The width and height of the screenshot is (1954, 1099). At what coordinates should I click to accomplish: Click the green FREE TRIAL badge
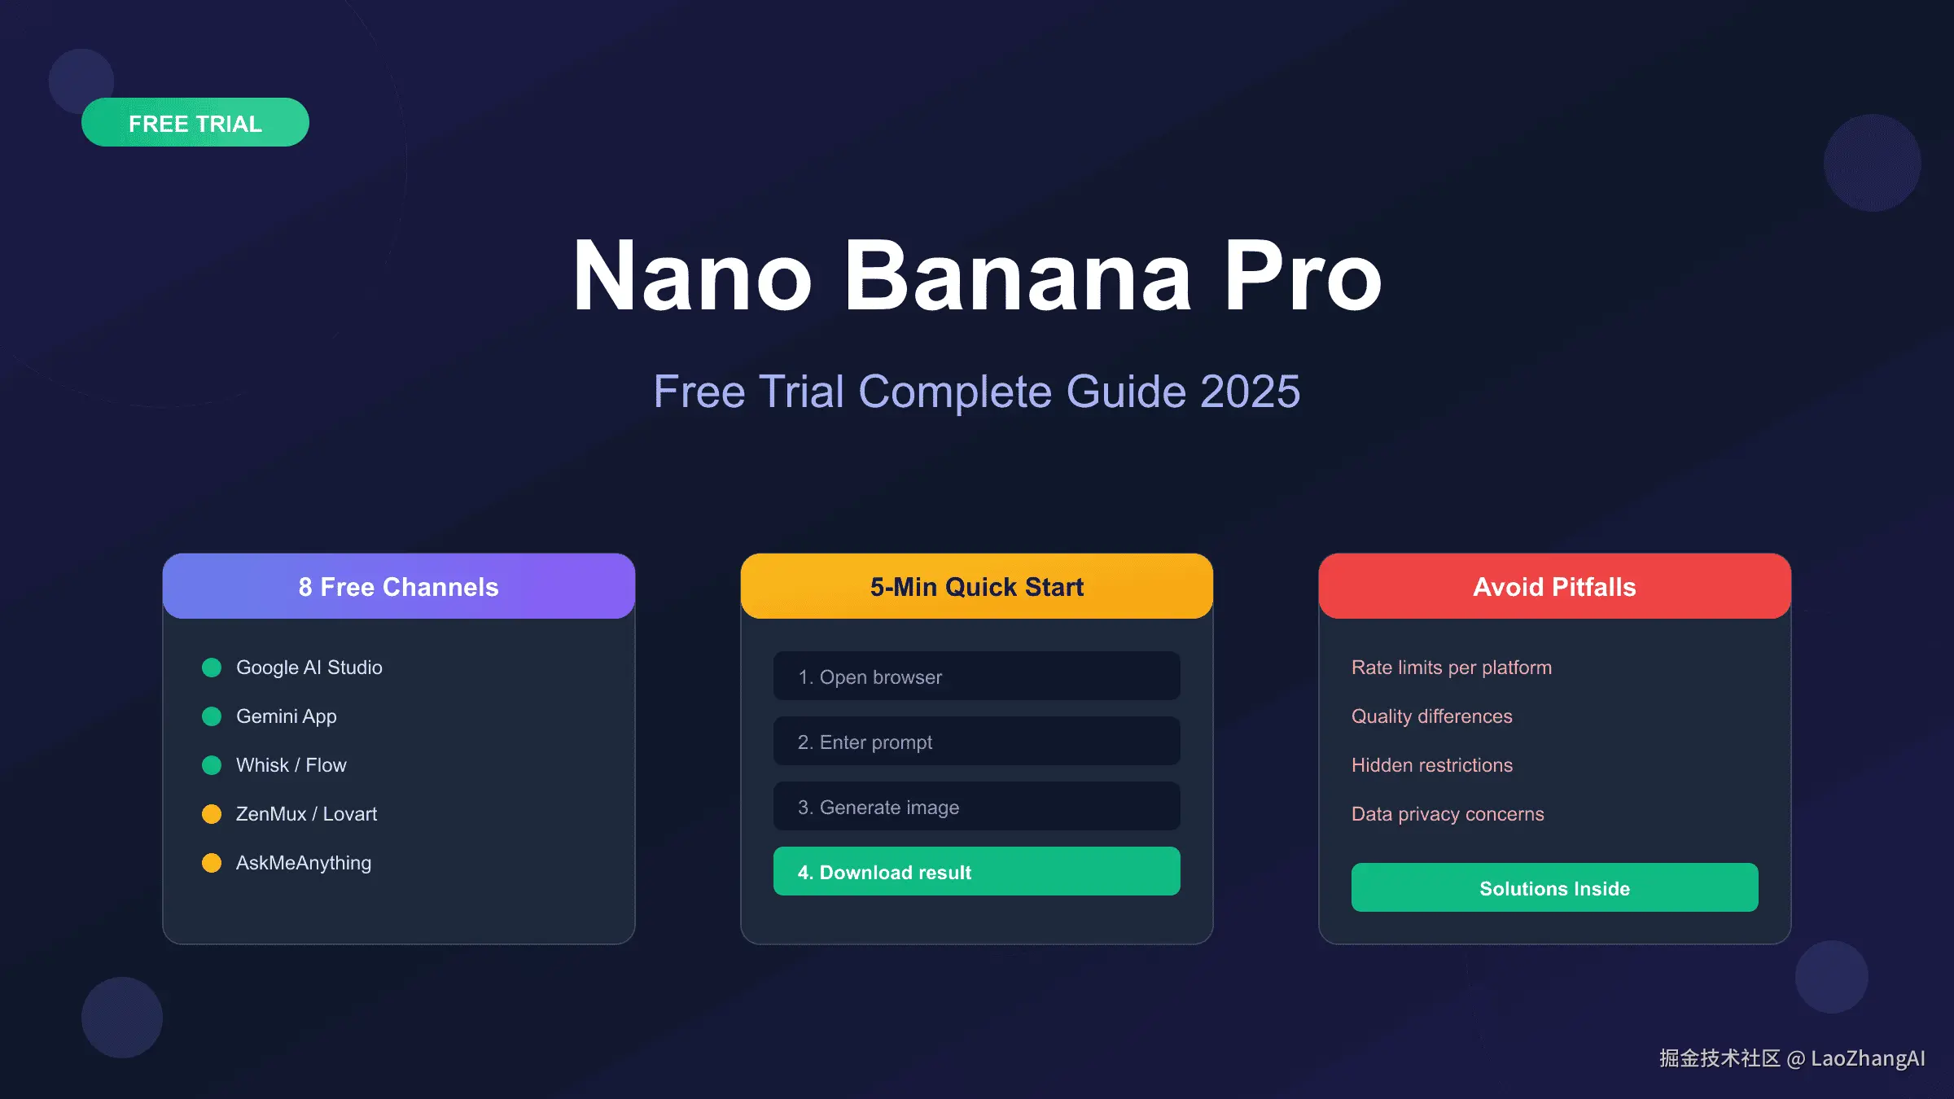tap(195, 123)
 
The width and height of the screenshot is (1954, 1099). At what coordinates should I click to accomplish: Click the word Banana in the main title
tap(1018, 277)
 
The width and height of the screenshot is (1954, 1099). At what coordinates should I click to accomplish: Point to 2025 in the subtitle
tap(1250, 392)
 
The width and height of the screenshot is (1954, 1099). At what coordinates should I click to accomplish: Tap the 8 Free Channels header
tap(398, 587)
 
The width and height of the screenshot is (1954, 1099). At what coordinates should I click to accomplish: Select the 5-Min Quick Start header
tap(976, 587)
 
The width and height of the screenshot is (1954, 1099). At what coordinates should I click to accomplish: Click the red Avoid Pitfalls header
tap(1554, 587)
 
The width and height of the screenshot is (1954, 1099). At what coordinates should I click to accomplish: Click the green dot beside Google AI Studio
tap(212, 668)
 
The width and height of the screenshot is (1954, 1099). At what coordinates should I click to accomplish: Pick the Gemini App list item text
tap(286, 716)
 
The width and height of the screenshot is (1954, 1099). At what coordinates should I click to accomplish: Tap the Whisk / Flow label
tap(291, 765)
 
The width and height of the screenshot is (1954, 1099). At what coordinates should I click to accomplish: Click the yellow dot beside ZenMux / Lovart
tap(212, 814)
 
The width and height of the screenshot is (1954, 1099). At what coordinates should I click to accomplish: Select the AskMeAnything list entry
tap(303, 863)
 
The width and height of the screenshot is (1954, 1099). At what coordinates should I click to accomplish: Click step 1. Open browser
tap(976, 676)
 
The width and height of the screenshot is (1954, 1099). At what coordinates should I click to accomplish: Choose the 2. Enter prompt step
tap(976, 742)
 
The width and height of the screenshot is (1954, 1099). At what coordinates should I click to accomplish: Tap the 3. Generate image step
tap(976, 807)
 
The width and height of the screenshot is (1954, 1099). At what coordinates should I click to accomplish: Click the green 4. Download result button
tap(976, 872)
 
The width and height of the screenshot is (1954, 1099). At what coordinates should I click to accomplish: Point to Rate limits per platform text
tap(1451, 668)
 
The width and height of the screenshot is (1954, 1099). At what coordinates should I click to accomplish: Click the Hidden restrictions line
tap(1431, 765)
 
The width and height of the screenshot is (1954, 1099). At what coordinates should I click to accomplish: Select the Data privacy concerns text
tap(1447, 814)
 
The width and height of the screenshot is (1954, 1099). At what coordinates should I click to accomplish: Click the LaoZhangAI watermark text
tap(1867, 1058)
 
